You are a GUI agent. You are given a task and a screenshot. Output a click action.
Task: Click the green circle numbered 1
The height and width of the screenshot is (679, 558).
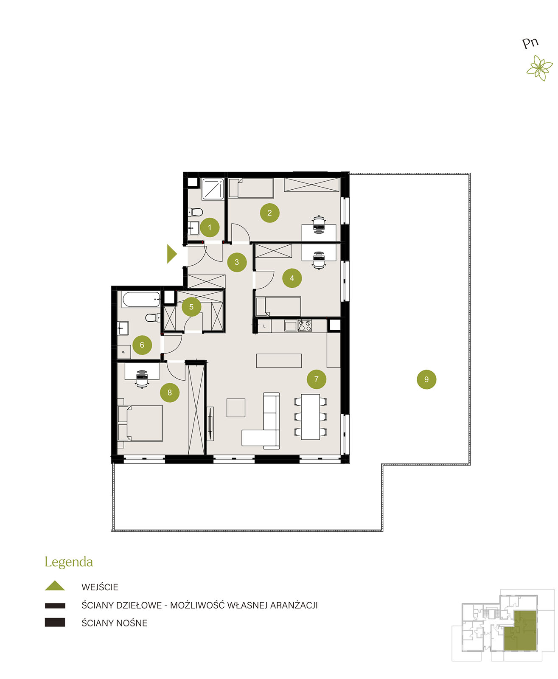209,227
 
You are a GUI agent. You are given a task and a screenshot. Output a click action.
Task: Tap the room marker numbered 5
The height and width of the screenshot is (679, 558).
191,306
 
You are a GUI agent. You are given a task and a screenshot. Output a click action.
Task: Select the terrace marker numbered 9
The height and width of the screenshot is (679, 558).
426,379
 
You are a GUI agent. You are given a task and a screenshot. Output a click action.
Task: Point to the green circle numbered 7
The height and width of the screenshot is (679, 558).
316,379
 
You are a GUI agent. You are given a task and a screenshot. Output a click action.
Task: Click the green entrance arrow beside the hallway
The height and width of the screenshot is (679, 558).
171,254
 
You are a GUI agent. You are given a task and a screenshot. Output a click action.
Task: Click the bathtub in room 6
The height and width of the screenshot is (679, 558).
141,300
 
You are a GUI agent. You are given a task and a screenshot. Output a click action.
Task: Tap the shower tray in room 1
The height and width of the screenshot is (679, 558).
212,189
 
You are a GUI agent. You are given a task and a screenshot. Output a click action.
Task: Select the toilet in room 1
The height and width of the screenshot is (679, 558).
196,212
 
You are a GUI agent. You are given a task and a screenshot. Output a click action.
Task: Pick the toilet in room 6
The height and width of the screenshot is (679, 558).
153,318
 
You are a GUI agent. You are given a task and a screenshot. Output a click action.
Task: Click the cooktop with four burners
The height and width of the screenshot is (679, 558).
304,325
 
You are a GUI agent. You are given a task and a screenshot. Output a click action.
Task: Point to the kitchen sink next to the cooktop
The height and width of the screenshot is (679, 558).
290,326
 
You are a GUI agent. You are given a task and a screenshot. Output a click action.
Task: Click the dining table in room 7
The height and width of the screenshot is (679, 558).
310,417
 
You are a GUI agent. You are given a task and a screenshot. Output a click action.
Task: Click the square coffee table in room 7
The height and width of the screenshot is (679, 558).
236,407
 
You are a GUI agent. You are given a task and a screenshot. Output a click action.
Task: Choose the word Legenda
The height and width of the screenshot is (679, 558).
69,562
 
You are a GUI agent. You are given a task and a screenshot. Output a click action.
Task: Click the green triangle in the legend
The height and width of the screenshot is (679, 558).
55,585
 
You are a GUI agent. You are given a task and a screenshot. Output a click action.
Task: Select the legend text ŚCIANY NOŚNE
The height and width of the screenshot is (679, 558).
114,623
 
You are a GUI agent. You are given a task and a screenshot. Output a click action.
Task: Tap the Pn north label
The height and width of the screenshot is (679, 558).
530,43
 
